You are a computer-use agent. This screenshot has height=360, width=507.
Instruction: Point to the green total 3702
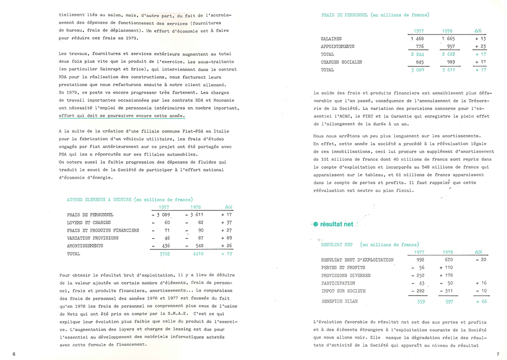164,254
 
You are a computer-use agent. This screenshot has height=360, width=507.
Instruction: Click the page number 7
498,354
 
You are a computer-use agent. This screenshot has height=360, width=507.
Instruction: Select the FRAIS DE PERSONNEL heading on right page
345,15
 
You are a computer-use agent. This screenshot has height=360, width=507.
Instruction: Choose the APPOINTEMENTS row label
338,47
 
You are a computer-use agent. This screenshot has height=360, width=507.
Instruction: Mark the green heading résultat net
337,224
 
